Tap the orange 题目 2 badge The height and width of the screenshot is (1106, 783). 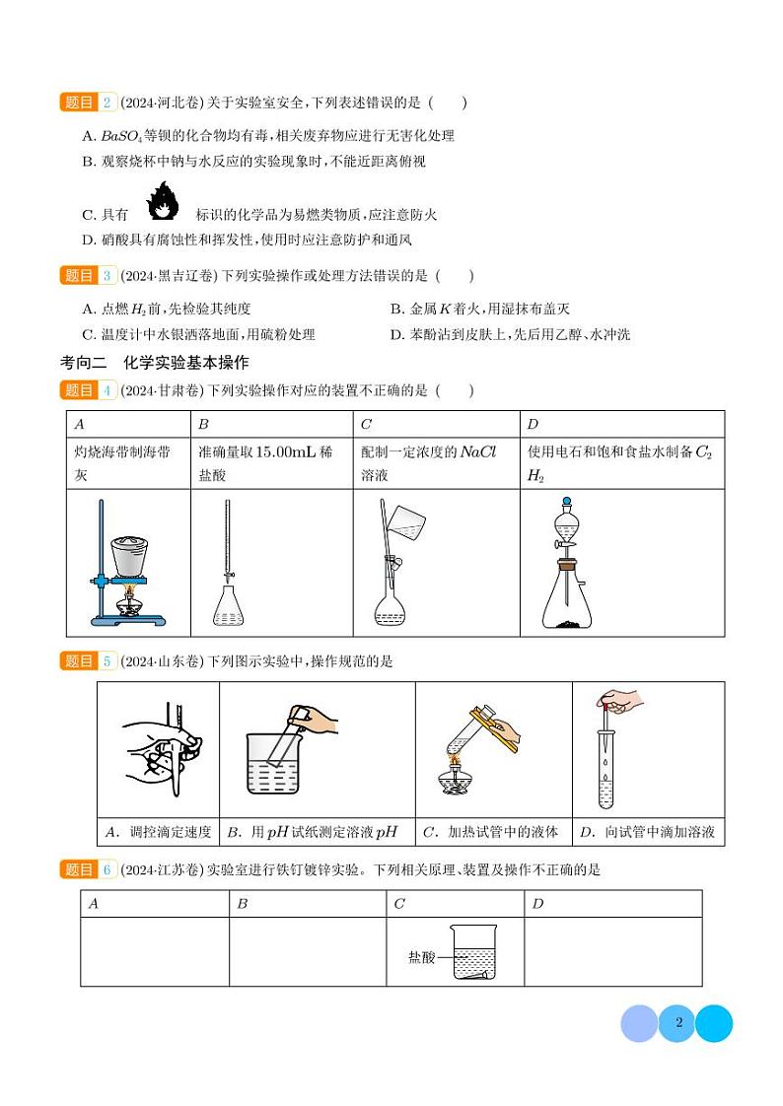pyautogui.click(x=89, y=103)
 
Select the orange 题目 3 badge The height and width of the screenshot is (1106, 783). pyautogui.click(x=89, y=276)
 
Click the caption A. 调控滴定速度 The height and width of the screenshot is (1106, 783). pyautogui.click(x=158, y=832)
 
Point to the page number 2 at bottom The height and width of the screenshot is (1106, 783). pyautogui.click(x=678, y=1022)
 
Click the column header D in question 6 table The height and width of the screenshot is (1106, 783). pyautogui.click(x=537, y=903)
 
